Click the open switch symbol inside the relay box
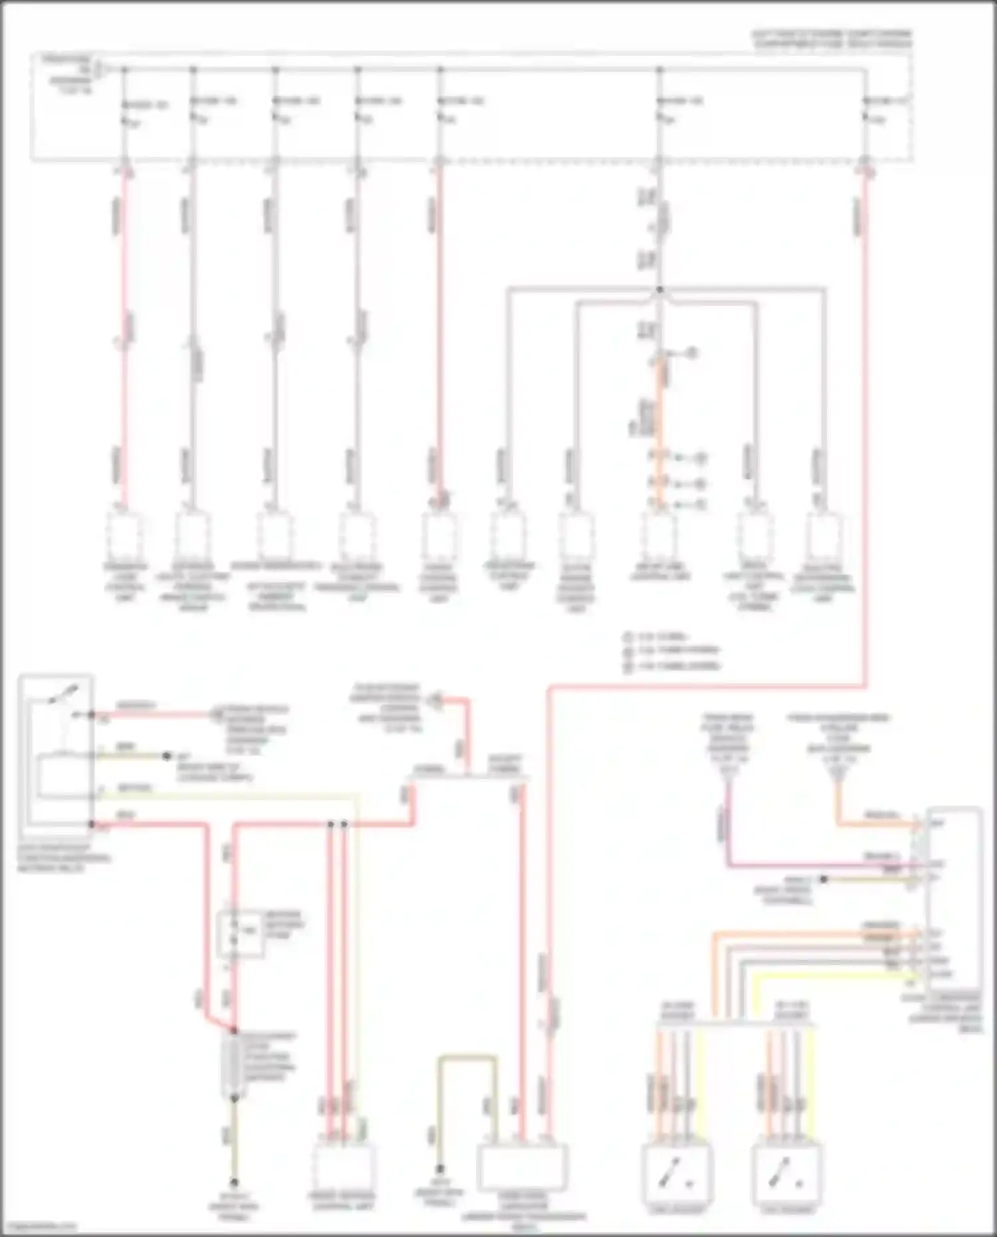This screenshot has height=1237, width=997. point(63,695)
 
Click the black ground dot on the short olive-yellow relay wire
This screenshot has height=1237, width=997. point(166,756)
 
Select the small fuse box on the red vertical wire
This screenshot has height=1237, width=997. point(239,933)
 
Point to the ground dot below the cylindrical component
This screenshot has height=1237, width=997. point(234,1182)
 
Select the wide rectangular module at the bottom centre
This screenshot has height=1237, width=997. point(523,1167)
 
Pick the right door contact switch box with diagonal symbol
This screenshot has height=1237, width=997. point(787,1174)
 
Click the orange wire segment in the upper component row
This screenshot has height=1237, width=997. point(660,425)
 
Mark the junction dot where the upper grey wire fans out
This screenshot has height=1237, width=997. point(659,290)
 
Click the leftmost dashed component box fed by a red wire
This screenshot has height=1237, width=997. point(124,535)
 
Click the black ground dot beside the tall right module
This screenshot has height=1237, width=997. point(823,879)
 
